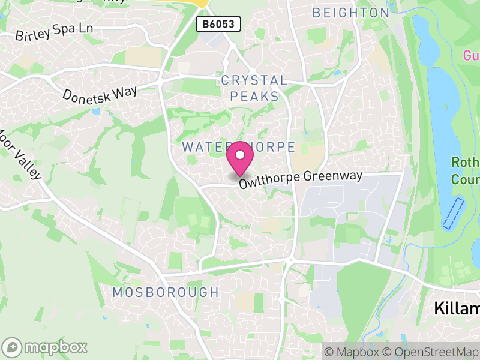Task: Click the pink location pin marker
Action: click(240, 159)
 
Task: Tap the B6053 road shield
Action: click(218, 24)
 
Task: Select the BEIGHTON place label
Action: click(351, 13)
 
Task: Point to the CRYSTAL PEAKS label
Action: click(254, 88)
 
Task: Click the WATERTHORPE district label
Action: click(238, 147)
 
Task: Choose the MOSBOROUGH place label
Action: click(166, 292)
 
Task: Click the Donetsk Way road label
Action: click(100, 94)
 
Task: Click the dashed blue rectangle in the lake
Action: click(453, 213)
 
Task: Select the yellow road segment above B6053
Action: click(200, 3)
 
